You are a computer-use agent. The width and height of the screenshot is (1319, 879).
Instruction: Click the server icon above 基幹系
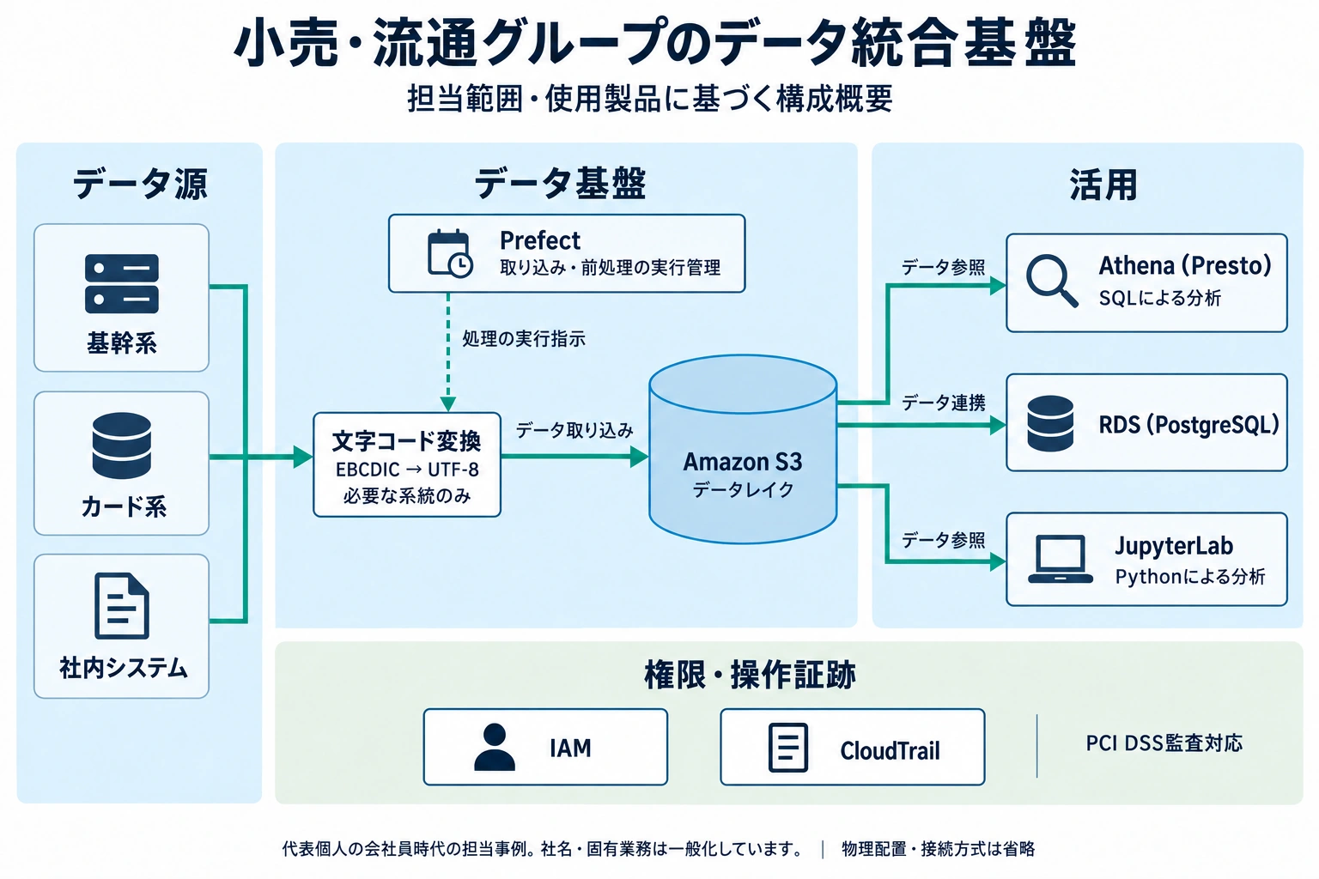pos(122,284)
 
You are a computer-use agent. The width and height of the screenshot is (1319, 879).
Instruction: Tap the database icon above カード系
pos(122,446)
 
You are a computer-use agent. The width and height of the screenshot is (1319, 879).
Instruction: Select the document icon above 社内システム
pos(122,606)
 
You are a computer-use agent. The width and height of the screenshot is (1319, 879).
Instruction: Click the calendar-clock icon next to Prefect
pos(450,254)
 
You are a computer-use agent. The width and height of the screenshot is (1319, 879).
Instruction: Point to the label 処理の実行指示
pos(524,339)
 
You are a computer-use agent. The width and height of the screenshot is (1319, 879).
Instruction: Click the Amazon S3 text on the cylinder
pos(743,462)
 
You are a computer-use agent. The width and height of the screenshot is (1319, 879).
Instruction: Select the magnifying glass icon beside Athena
pos(1052,281)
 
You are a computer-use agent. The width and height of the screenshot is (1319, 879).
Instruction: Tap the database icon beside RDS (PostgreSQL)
pos(1050,423)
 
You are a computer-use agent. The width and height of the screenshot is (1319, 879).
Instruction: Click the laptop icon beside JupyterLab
pos(1060,560)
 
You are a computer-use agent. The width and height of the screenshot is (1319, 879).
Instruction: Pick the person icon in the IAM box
pos(495,747)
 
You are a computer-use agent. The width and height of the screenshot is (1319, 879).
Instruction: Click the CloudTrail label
pos(890,751)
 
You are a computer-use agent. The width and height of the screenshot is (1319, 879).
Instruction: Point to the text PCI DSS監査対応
pos(1164,743)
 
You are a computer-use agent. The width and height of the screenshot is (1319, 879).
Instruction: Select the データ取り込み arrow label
pos(574,431)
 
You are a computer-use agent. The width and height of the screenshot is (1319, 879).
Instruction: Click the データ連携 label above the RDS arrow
pos(944,403)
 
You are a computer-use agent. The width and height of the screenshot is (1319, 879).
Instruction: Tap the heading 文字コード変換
pos(406,441)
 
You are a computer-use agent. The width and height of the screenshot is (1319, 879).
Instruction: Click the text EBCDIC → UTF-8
pos(407,470)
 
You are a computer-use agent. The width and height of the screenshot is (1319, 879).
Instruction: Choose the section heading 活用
pos(1103,185)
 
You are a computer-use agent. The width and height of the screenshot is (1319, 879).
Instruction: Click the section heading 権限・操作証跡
pos(751,675)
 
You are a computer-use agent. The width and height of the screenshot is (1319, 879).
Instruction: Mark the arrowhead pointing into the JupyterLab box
pos(998,562)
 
